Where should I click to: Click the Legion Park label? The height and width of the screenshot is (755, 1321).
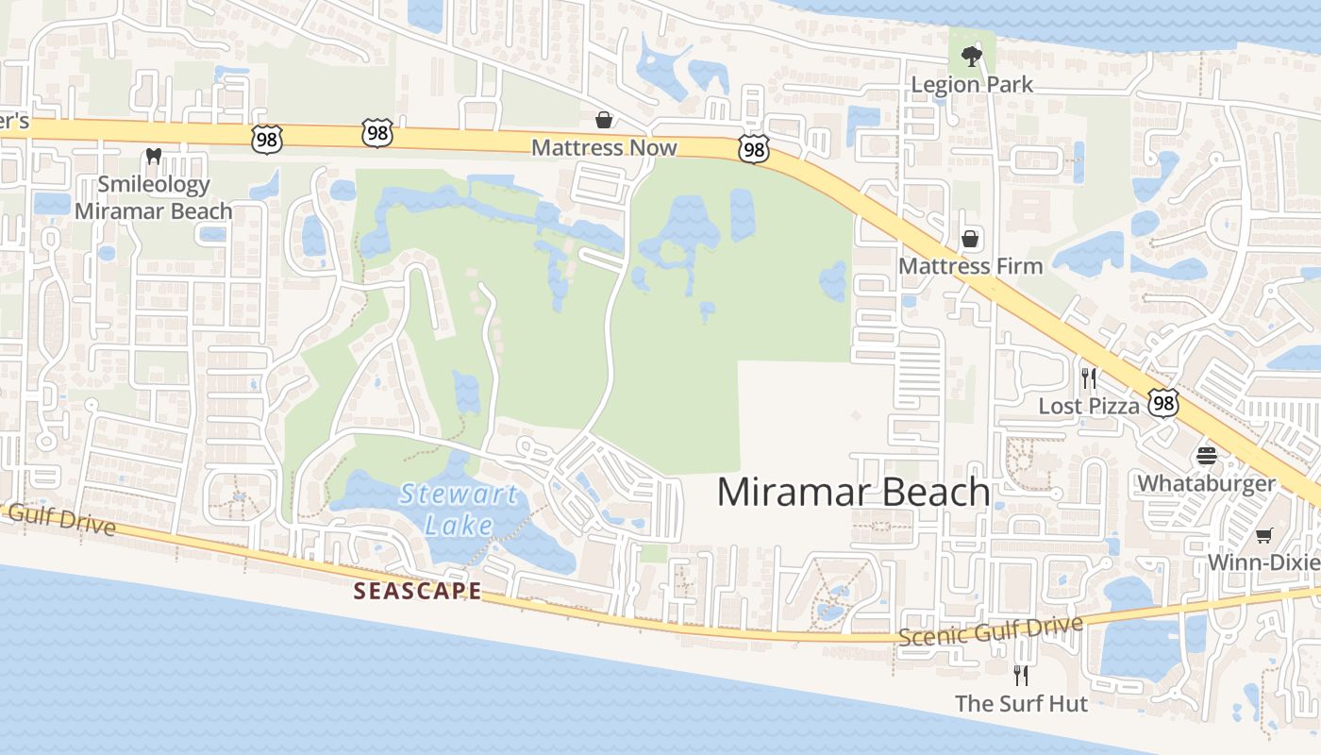tap(972, 85)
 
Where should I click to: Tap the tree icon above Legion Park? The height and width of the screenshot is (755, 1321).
tap(970, 56)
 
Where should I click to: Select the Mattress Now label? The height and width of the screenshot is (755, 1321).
tap(604, 148)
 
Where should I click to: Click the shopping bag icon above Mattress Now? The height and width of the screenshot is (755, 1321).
tap(603, 120)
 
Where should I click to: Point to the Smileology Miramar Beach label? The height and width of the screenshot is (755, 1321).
tap(153, 197)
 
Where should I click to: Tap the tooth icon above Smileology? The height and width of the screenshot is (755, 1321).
tap(154, 156)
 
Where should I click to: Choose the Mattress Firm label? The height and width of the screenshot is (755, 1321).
tap(970, 266)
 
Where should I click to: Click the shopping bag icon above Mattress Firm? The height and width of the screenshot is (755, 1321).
tap(969, 238)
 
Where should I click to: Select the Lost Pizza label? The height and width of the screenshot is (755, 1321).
tap(1089, 407)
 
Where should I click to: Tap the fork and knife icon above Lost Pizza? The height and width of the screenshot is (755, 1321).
tap(1089, 378)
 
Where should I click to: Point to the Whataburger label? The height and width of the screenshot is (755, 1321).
tap(1206, 484)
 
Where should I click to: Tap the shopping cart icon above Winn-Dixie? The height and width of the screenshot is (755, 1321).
tap(1263, 536)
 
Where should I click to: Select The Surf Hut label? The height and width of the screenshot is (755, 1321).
tap(1021, 704)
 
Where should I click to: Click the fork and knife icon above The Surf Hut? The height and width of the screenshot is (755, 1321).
tap(1020, 676)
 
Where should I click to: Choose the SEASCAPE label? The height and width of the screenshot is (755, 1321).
tap(417, 592)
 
